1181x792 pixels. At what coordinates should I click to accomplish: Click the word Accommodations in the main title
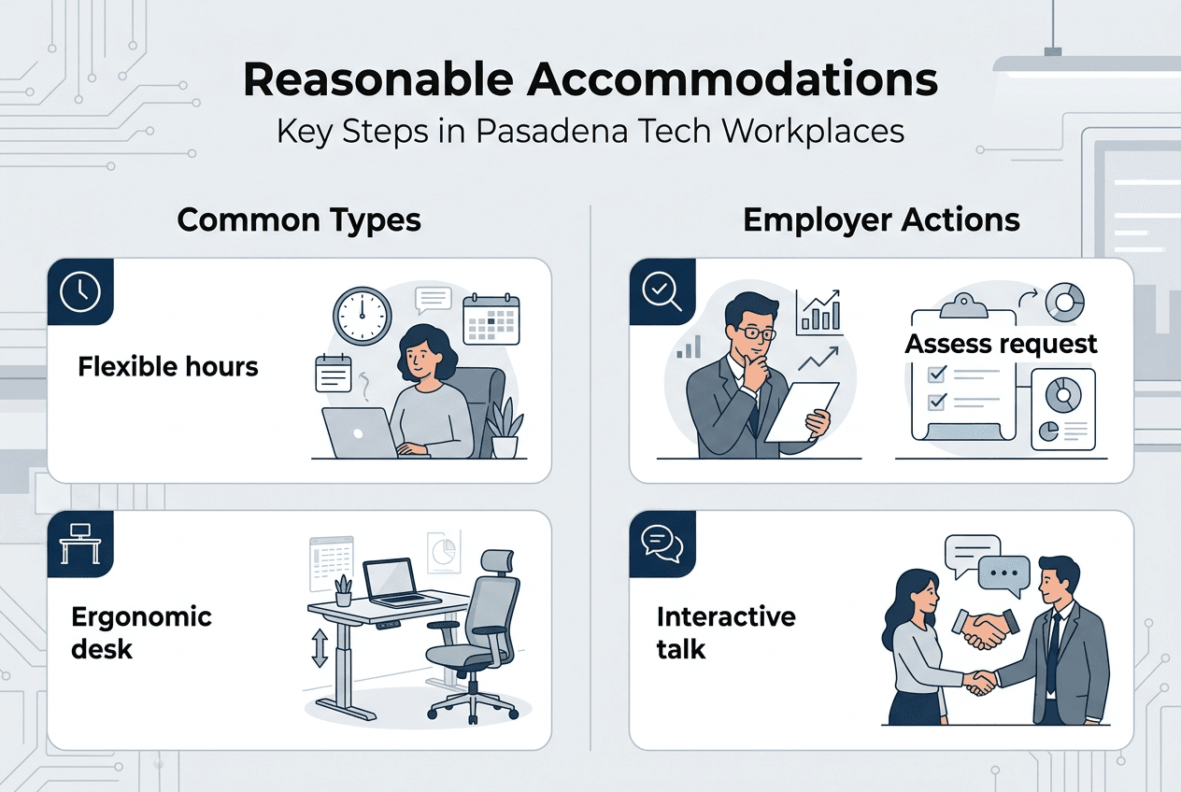733,82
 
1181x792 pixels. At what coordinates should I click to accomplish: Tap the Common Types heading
299,219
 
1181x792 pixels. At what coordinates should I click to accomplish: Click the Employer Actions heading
881,219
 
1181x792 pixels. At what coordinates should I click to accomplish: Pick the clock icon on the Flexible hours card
80,292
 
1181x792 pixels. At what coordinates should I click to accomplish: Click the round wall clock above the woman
362,315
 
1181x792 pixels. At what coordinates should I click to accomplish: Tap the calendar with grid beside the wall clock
491,321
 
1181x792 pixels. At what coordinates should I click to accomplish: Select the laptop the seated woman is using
359,432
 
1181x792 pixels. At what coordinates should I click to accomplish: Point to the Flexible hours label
168,367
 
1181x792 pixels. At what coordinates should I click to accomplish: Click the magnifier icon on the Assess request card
662,292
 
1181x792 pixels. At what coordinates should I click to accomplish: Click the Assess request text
1001,344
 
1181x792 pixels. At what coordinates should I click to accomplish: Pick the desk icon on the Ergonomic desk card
80,544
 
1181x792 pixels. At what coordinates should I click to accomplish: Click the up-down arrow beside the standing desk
320,646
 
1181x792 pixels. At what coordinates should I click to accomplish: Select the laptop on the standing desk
397,583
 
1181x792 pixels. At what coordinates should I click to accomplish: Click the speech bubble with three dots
1004,572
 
